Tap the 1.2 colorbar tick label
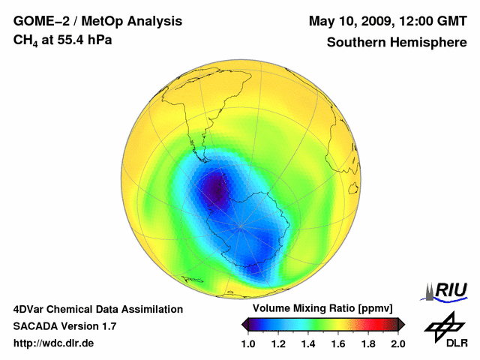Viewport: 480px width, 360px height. pos(278,343)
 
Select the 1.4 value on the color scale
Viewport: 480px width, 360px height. pos(308,343)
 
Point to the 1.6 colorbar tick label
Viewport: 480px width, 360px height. pos(338,343)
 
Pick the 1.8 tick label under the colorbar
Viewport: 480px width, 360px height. pos(368,343)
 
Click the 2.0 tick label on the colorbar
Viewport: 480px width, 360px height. pos(398,343)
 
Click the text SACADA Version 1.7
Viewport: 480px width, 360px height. pos(64,326)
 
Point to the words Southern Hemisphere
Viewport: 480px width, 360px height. pos(397,42)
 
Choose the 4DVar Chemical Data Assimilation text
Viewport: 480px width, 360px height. pos(97,309)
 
